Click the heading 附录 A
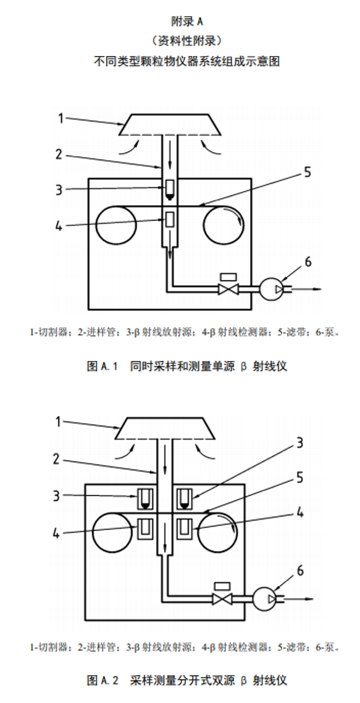186,21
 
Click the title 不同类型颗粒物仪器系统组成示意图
186,61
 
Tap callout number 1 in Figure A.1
61,117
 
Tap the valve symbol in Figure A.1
228,290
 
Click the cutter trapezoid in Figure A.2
165,429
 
